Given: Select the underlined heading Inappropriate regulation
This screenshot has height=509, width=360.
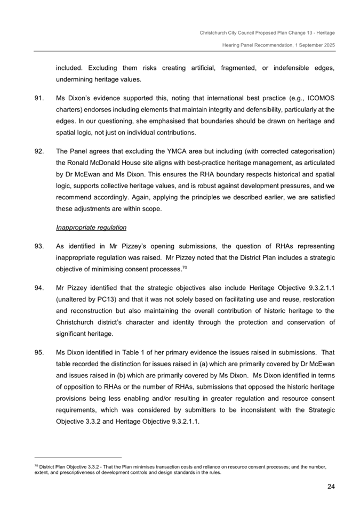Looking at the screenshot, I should point(91,228).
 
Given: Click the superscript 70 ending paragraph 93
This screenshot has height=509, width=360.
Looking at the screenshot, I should point(185,267).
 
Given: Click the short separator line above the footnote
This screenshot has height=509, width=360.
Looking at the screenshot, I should point(78,457).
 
